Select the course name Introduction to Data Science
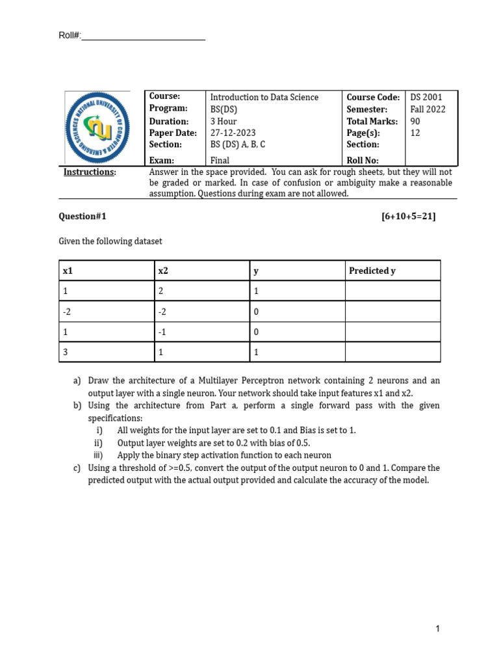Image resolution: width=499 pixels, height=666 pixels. [264, 98]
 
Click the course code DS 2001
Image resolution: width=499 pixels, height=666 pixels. [426, 98]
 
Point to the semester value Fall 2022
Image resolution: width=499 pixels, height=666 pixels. [428, 109]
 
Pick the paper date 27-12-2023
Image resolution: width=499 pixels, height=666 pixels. [233, 133]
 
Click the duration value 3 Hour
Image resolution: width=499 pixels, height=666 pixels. [224, 122]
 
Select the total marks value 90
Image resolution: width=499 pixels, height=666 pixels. [416, 122]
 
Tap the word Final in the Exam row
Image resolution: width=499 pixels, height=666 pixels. [220, 161]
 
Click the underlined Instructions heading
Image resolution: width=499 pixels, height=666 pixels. [90, 172]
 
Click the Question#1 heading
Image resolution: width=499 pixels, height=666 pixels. [82, 217]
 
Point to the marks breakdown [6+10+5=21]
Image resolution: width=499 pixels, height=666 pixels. [409, 217]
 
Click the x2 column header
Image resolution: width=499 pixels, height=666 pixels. [164, 271]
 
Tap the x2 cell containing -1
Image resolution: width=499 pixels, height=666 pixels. [163, 332]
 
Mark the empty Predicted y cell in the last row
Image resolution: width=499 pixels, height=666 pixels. [392, 353]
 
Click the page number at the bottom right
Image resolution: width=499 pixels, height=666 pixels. [438, 629]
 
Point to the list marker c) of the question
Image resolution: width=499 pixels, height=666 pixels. [77, 468]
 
